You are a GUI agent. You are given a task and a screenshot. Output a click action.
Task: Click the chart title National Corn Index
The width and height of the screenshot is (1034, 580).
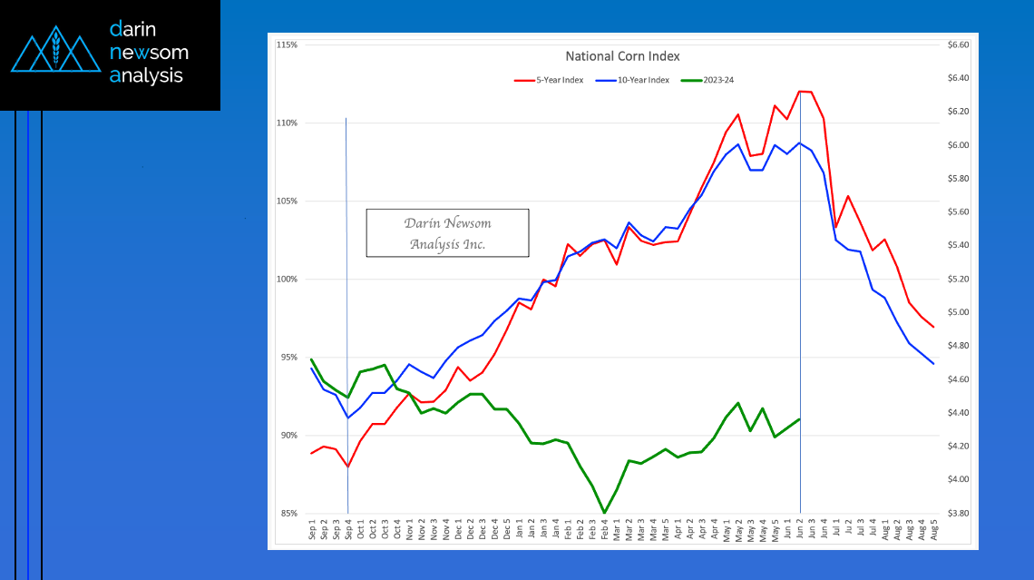tap(622, 56)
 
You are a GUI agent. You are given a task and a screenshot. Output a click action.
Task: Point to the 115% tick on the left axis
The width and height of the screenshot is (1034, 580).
tap(288, 44)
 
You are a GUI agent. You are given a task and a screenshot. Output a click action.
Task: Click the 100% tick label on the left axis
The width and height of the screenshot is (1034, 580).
tap(288, 279)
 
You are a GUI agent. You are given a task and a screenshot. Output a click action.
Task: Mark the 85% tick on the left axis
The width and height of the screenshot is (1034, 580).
tap(288, 514)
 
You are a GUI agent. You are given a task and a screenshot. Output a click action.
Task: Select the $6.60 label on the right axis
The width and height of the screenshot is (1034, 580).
tap(958, 44)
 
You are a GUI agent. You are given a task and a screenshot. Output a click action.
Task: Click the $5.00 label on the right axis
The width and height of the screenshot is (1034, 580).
tap(958, 312)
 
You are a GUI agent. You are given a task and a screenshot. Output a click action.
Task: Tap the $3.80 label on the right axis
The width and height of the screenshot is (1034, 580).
tap(958, 514)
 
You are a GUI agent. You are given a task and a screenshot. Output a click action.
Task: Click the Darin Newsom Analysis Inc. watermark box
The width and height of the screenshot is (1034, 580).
tap(447, 233)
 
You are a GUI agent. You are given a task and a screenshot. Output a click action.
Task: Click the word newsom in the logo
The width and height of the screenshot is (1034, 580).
tap(149, 53)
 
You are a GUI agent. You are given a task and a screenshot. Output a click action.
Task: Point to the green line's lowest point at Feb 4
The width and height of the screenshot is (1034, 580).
tap(604, 513)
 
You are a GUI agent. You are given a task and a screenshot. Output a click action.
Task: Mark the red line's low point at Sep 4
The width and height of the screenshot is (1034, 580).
tap(348, 467)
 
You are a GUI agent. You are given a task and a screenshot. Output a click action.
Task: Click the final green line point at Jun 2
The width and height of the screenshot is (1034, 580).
tap(800, 418)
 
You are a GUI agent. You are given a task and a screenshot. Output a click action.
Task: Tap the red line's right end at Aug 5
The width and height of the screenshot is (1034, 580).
tap(933, 327)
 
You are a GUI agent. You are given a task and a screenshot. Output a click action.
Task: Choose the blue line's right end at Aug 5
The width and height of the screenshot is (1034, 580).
tap(933, 364)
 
